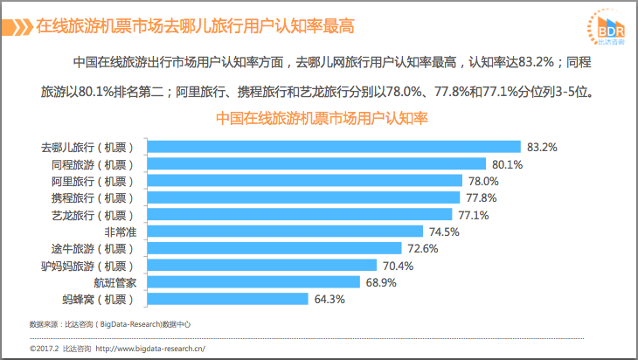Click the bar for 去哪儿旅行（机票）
click(x=334, y=147)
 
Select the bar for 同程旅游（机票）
click(x=316, y=164)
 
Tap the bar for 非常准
click(x=285, y=232)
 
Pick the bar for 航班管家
click(x=254, y=282)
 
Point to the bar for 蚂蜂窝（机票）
click(x=228, y=299)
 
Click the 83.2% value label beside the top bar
click(x=542, y=148)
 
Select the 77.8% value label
click(x=482, y=198)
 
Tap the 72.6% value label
click(x=423, y=248)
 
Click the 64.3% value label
click(x=329, y=300)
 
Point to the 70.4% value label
click(x=398, y=266)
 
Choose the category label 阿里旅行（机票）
click(x=93, y=182)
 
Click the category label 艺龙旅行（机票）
click(x=93, y=215)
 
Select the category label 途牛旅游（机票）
click(x=93, y=248)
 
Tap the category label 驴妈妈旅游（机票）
click(x=87, y=266)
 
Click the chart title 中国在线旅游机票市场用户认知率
click(x=322, y=118)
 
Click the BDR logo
click(x=606, y=28)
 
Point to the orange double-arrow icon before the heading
click(x=17, y=27)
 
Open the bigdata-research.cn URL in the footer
click(x=150, y=349)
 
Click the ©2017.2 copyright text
click(x=45, y=349)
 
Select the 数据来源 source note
click(x=110, y=324)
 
